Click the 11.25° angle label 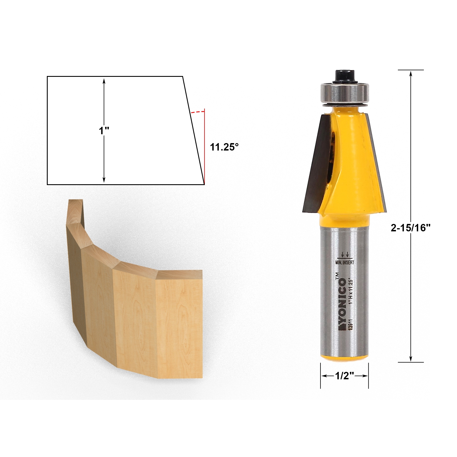coord(224,147)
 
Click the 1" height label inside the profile coord(104,131)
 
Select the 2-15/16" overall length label coord(410,228)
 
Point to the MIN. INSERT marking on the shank coord(344,262)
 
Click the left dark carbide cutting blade coord(316,163)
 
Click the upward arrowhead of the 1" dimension coord(104,81)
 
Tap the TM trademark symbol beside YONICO coord(337,276)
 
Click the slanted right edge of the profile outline coord(193,130)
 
